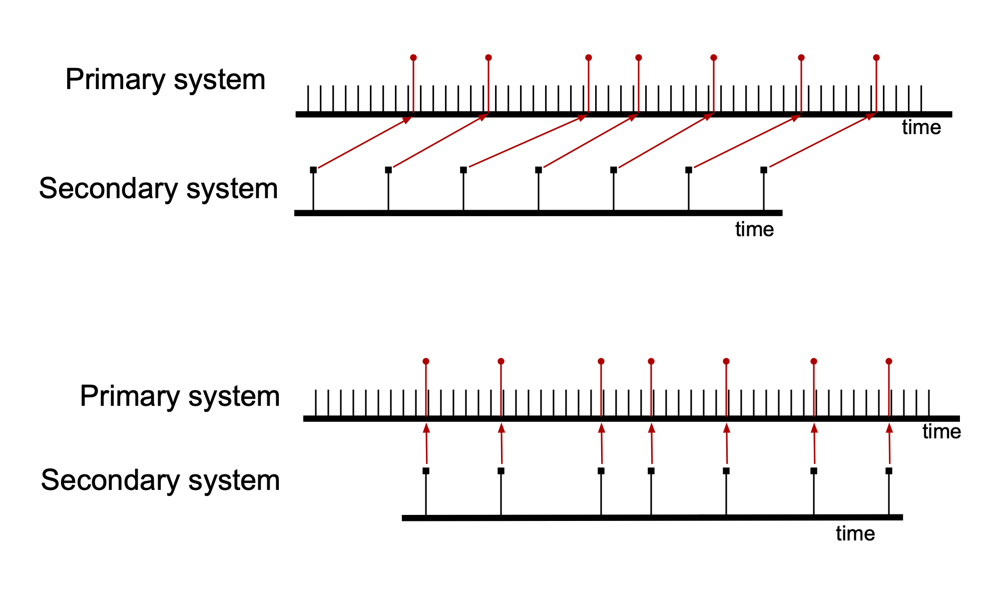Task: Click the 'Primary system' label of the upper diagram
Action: (x=165, y=80)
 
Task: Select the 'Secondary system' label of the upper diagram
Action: (x=158, y=189)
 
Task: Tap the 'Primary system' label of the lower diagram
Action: (x=180, y=396)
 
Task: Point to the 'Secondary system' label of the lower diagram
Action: (x=160, y=480)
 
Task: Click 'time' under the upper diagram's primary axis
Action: (x=921, y=128)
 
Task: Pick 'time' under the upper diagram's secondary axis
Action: (x=754, y=230)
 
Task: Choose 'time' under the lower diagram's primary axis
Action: (x=941, y=432)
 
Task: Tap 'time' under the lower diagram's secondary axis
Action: (x=855, y=534)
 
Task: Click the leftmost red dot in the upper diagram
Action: (x=413, y=58)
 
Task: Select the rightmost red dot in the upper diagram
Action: (x=876, y=58)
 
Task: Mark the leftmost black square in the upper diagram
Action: (x=313, y=170)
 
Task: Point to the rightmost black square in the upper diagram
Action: (x=764, y=170)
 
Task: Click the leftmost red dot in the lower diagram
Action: (x=426, y=361)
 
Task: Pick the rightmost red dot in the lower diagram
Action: (x=889, y=361)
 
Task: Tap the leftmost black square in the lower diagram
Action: (x=426, y=471)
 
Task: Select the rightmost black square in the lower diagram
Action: (x=889, y=471)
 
